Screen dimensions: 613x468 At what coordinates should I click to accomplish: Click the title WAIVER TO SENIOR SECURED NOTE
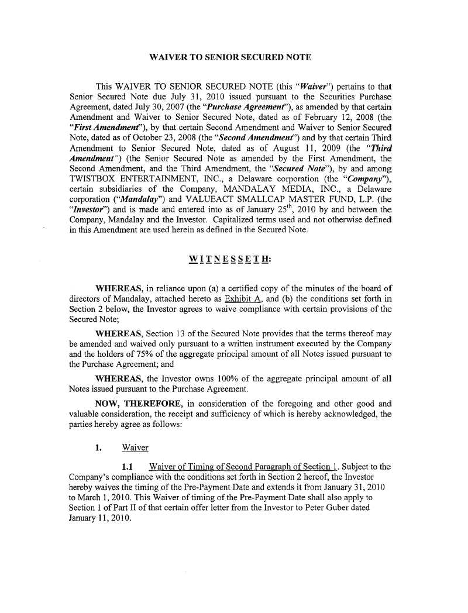click(230, 57)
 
